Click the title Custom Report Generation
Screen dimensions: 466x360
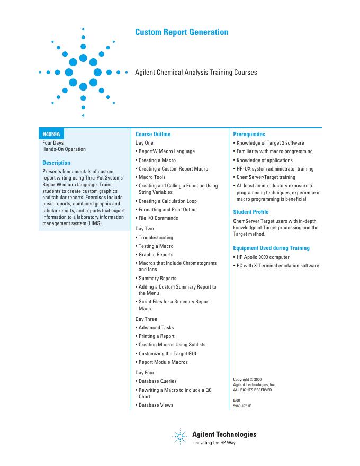182,32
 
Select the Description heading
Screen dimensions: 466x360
56,163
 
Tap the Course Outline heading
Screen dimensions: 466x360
153,135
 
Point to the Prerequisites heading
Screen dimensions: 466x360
249,135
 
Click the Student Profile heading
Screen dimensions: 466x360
251,212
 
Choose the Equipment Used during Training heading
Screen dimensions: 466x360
272,248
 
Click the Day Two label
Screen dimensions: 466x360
145,229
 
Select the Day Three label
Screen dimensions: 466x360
146,319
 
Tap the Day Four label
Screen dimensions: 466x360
145,373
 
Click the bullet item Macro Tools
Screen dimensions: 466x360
152,177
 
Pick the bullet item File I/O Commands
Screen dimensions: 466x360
158,218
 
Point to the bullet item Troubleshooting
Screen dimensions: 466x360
156,238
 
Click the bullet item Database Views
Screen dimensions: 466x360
156,405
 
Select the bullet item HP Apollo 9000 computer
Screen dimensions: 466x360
263,257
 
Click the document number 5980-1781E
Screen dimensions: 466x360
242,405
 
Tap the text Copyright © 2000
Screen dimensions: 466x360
247,379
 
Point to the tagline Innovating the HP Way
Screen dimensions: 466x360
213,443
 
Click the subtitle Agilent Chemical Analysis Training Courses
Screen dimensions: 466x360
196,73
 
